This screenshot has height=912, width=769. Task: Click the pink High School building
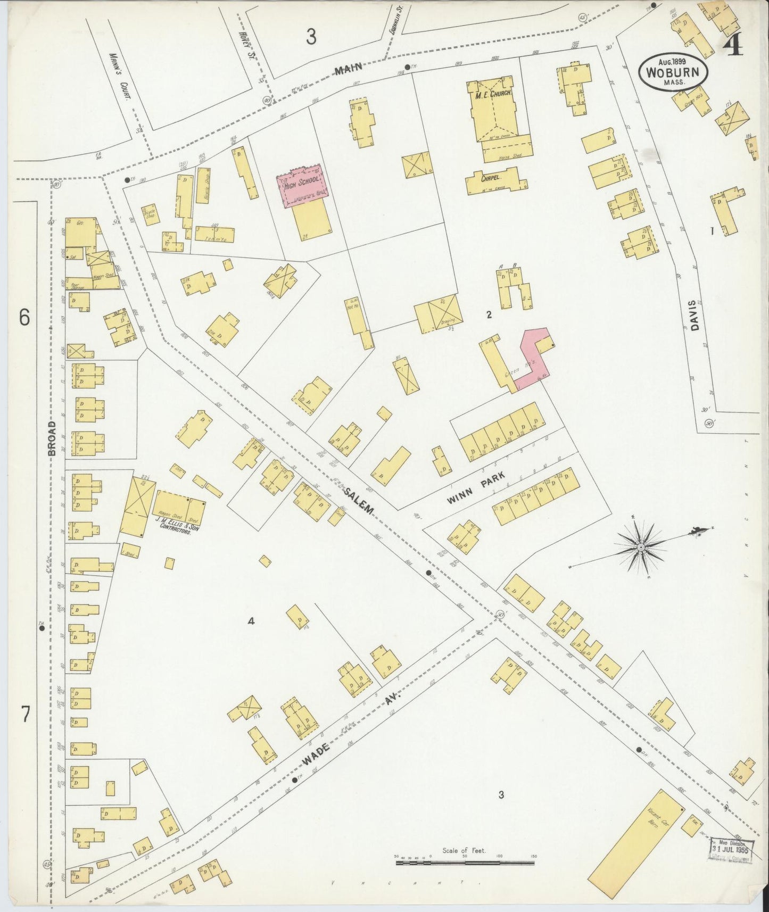tap(302, 185)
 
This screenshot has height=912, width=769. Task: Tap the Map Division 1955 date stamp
tap(732, 848)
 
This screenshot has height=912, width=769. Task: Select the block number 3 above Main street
tap(311, 37)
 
